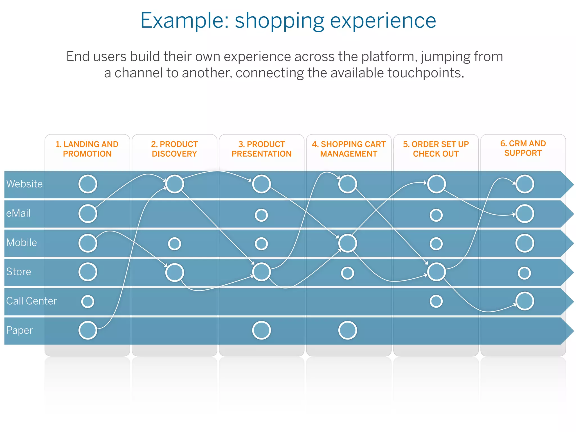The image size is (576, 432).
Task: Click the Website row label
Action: (24, 184)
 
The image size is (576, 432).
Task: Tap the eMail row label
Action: (18, 213)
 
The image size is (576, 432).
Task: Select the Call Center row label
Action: (31, 301)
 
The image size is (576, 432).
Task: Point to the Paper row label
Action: (19, 330)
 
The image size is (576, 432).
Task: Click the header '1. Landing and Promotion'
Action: (87, 149)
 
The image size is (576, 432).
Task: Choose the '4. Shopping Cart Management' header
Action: (349, 149)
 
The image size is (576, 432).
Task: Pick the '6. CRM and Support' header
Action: (523, 148)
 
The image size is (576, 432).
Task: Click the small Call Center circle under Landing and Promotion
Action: (88, 301)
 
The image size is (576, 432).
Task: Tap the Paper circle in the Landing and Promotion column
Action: (88, 330)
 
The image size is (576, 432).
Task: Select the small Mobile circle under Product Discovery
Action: (174, 244)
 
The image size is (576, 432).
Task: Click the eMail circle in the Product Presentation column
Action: (261, 215)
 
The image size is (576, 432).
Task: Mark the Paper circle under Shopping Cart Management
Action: (348, 330)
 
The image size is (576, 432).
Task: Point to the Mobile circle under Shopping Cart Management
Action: (348, 243)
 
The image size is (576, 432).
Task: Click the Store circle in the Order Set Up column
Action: (436, 272)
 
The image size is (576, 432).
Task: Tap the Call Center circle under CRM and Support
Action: (525, 301)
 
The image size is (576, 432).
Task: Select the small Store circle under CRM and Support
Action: (525, 273)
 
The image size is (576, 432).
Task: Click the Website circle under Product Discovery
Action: (175, 184)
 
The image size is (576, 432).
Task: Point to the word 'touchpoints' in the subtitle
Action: (425, 73)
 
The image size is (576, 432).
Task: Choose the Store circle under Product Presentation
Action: (261, 272)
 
